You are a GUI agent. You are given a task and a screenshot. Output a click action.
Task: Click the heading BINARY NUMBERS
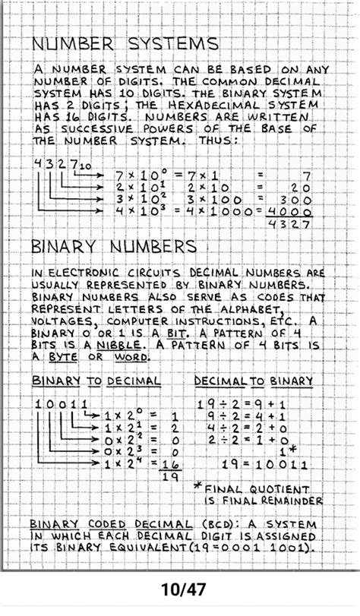(x=114, y=247)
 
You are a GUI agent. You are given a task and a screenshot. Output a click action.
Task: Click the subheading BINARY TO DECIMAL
(x=96, y=380)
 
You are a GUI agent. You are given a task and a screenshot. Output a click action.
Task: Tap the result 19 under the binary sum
(x=172, y=476)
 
